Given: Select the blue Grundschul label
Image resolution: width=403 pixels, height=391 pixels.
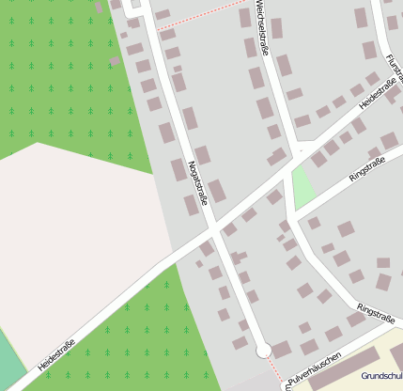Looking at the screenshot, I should point(381,374).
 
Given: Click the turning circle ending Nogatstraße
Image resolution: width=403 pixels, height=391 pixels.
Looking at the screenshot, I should point(264,351).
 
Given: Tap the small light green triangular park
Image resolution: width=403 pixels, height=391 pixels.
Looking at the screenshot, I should point(302,186).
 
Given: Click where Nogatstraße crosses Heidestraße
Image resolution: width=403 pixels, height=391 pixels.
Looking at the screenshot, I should point(214,228).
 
